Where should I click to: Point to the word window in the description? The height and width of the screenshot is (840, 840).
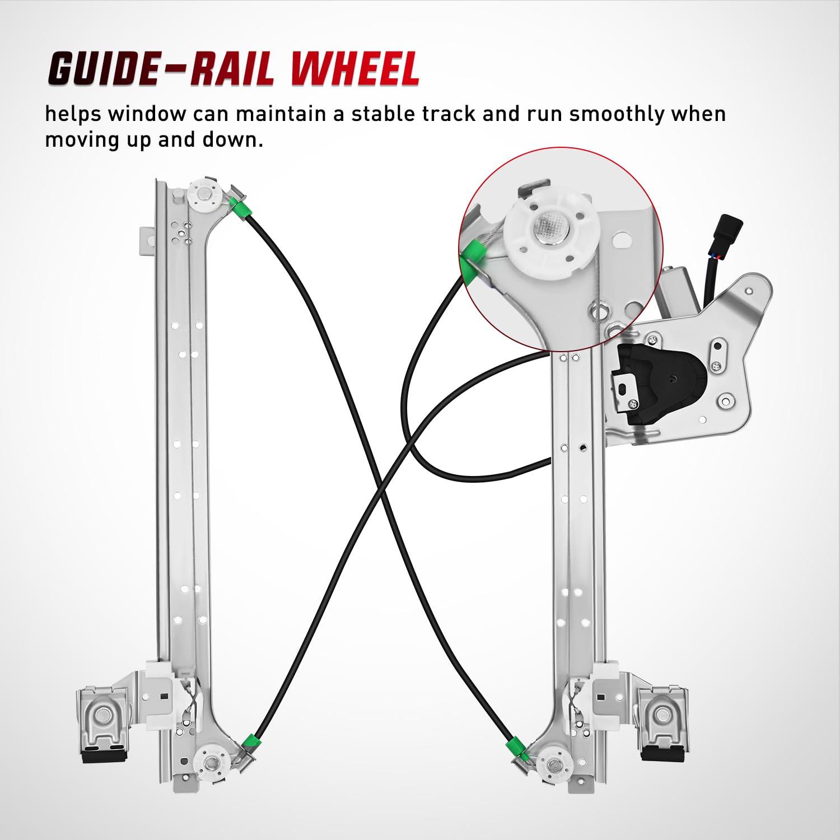click(x=147, y=114)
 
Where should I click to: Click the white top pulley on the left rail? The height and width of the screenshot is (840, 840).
click(x=201, y=197)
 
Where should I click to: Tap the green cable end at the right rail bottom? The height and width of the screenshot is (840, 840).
click(x=512, y=748)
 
